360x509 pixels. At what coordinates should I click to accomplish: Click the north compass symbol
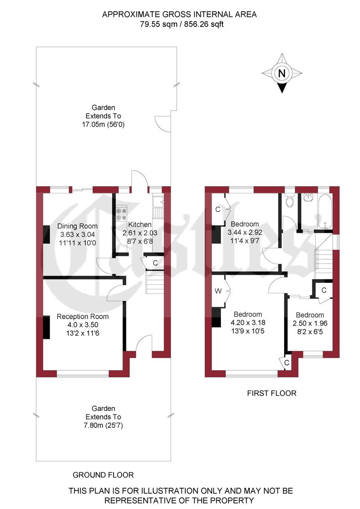[x=282, y=74]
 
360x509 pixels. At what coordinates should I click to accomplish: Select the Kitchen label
[x=140, y=225]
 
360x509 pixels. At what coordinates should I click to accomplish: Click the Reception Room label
[x=82, y=317]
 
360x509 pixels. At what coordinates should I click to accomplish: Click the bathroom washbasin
[x=309, y=197]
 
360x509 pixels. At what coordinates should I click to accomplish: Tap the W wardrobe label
[x=218, y=291]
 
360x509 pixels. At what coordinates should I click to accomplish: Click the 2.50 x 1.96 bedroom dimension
[x=310, y=323]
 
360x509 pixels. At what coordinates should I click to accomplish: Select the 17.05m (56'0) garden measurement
[x=103, y=124]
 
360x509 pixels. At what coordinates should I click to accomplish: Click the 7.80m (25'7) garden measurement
[x=103, y=425]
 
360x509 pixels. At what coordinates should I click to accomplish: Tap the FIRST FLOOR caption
[x=272, y=393]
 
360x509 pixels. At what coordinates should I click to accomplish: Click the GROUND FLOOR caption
[x=103, y=475]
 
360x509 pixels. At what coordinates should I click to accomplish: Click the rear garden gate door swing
[x=163, y=124]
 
